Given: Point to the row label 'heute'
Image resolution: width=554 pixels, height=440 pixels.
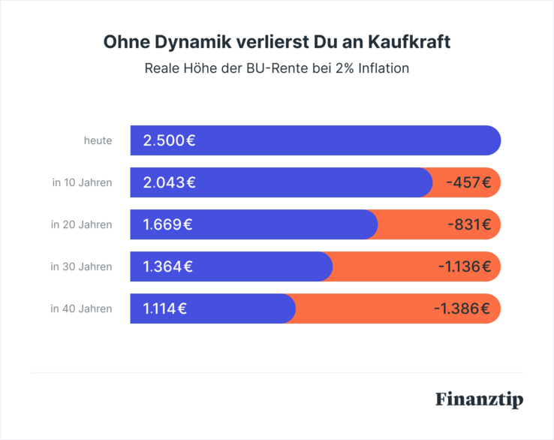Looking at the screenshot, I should pos(98,140).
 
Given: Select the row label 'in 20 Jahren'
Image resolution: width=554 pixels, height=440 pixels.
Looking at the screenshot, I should pos(81,225).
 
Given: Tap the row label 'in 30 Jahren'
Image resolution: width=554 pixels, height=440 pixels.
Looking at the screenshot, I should pos(81,267).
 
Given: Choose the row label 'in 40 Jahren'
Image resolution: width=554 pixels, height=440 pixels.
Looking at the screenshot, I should pos(81,309).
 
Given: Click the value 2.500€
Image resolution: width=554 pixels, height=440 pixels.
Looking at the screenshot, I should pos(170,140).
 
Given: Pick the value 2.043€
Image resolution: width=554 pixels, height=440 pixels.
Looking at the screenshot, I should pos(170,182).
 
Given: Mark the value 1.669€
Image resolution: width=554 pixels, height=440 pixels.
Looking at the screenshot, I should pos(168,225).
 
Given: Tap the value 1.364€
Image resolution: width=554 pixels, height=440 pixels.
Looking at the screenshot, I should pos(168,267).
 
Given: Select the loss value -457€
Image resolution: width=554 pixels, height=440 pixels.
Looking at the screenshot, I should pos(468,182).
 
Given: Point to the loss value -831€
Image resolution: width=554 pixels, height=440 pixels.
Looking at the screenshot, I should pos(468,225).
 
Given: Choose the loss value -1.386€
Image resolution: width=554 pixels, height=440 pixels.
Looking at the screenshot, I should pos(462,309).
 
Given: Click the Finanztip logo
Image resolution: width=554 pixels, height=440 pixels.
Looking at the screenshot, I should pos(479,399).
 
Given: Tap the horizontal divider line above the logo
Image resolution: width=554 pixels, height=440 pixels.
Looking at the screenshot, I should pos(276,372).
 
